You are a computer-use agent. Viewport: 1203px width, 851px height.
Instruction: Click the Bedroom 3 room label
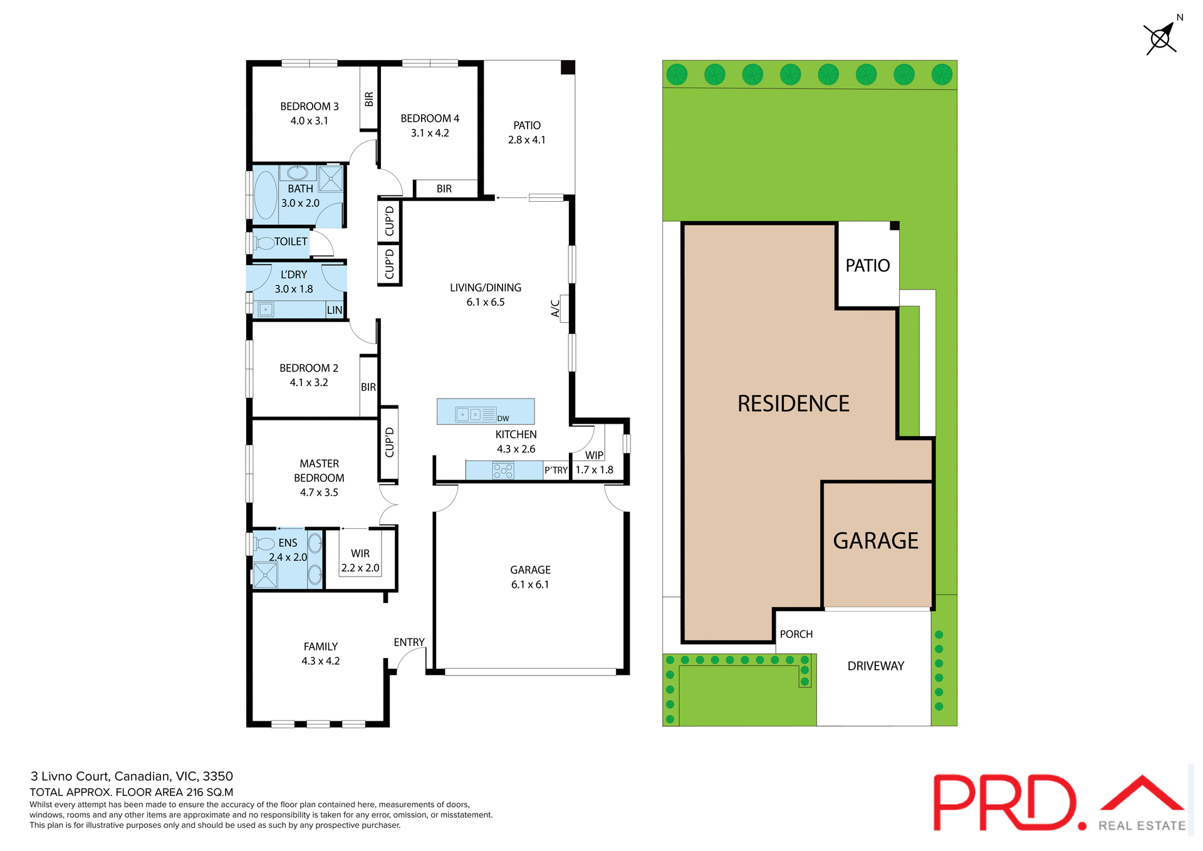(x=309, y=107)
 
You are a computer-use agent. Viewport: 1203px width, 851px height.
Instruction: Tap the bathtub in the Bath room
(x=266, y=195)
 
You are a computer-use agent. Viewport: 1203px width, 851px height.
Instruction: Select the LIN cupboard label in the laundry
(x=335, y=310)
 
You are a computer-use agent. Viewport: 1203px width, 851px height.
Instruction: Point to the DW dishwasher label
(x=503, y=419)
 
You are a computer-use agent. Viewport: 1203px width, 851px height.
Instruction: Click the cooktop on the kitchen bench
(x=503, y=470)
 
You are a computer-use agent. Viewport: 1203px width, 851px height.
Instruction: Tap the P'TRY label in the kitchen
(x=556, y=470)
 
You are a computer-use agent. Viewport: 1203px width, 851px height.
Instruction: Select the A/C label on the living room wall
(x=555, y=308)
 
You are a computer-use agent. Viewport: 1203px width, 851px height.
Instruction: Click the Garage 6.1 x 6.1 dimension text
(x=529, y=585)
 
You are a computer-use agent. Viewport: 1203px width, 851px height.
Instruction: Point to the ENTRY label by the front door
(x=409, y=642)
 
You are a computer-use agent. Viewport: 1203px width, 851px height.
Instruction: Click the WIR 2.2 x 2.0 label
(x=360, y=561)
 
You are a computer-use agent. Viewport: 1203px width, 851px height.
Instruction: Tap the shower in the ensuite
(x=265, y=575)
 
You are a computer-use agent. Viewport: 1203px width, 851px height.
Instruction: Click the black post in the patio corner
(x=568, y=68)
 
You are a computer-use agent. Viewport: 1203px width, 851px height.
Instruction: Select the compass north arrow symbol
(x=1161, y=38)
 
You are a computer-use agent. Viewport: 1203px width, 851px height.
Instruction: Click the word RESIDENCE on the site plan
(x=793, y=404)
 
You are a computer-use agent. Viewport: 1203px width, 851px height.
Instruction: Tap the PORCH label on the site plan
(x=796, y=634)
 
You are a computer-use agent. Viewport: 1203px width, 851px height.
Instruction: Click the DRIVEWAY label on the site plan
(x=875, y=666)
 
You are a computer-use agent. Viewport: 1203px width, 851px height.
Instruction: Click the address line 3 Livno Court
(x=132, y=776)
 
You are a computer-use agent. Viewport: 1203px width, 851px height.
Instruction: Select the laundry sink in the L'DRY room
(x=266, y=310)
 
